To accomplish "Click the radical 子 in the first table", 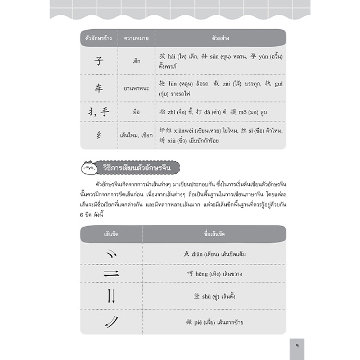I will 98,60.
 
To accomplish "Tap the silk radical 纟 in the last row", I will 98,136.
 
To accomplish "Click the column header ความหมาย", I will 136,38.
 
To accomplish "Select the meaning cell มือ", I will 136,112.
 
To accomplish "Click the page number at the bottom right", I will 296,343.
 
